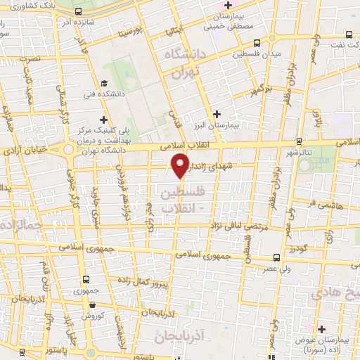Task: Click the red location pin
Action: pos(181,166)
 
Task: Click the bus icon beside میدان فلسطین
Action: pos(259,43)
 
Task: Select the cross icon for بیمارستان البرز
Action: pos(217,114)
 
